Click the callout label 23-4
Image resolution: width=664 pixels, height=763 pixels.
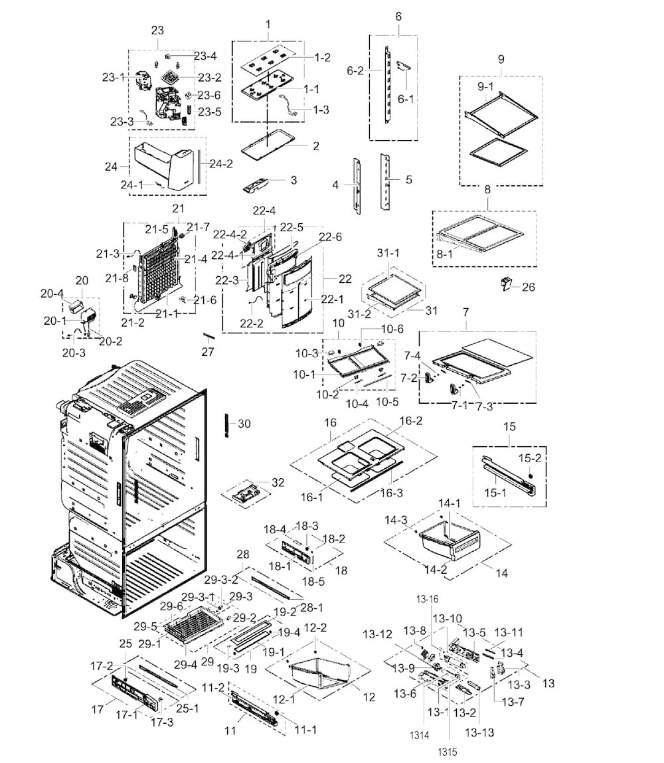pyautogui.click(x=205, y=55)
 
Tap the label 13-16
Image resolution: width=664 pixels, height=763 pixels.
pyautogui.click(x=428, y=599)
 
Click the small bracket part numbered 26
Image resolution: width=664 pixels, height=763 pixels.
pyautogui.click(x=505, y=286)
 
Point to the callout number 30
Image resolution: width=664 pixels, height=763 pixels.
pyautogui.click(x=244, y=424)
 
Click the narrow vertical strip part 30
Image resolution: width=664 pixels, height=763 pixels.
pyautogui.click(x=227, y=424)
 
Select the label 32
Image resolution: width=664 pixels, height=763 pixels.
pyautogui.click(x=278, y=482)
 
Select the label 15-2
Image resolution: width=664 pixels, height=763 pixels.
pyautogui.click(x=529, y=459)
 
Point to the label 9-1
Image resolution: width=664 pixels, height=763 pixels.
pyautogui.click(x=485, y=86)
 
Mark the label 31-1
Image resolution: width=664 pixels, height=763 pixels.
pyautogui.click(x=389, y=253)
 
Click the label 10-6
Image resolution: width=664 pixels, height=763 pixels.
pyautogui.click(x=392, y=329)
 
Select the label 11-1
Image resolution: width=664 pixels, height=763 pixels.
pyautogui.click(x=305, y=730)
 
